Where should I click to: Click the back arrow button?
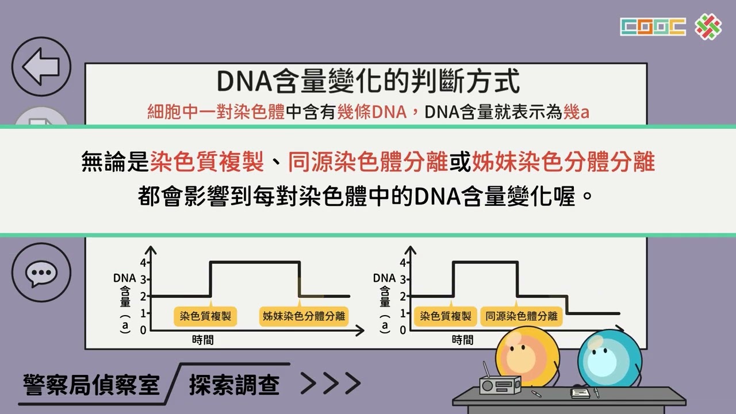41,66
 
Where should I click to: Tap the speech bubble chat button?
41,273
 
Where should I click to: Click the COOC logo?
653,26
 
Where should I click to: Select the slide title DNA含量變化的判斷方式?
368,81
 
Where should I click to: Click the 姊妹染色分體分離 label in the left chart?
304,316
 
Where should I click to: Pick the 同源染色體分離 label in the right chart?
522,316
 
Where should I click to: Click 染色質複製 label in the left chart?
205,316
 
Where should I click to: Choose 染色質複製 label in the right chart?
445,316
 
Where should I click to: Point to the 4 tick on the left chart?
143,263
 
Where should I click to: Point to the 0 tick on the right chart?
403,330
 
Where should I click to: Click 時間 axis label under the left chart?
203,340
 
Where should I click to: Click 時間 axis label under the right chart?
463,340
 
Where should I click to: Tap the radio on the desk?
500,383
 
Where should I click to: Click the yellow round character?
527,356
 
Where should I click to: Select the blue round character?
609,359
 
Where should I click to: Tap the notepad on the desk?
580,393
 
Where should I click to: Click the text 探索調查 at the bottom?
234,385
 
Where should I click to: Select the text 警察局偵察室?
91,385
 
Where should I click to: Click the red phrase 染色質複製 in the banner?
207,162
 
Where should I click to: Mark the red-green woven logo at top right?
708,27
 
